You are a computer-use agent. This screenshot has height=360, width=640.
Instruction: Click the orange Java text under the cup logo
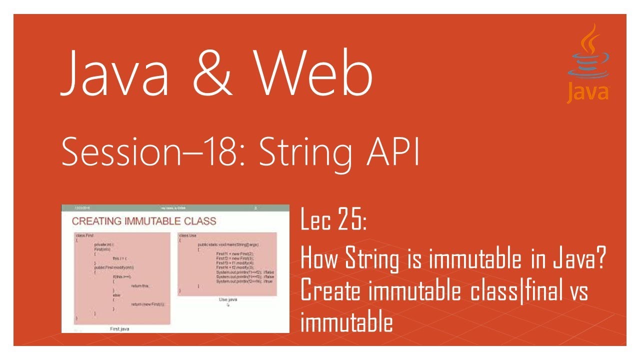tap(587, 92)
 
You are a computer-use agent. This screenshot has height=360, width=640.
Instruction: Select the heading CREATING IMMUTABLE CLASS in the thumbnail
tap(144, 221)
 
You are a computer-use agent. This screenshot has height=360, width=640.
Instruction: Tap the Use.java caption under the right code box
tap(228, 299)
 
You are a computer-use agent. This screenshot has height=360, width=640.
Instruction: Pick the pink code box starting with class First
tap(122, 278)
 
